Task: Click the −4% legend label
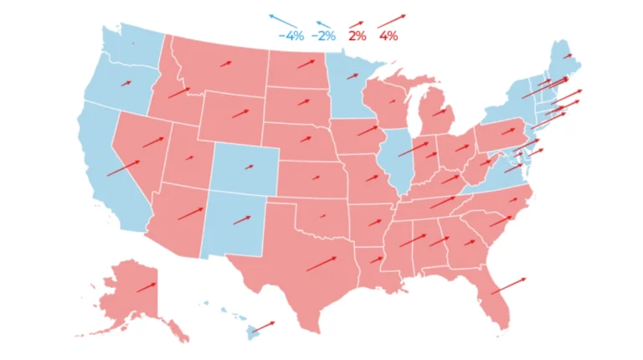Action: coord(291,36)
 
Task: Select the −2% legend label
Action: coord(323,36)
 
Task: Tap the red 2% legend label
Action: coord(358,36)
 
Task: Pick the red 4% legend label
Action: coord(388,36)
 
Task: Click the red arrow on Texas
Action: coord(321,263)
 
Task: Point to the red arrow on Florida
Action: coord(508,285)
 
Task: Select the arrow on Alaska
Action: coord(147,285)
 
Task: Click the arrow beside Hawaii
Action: coord(263,325)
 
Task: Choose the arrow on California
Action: coord(123,166)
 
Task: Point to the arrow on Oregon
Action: coord(126,81)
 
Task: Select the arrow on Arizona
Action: coord(191,213)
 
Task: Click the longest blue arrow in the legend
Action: coord(283,20)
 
